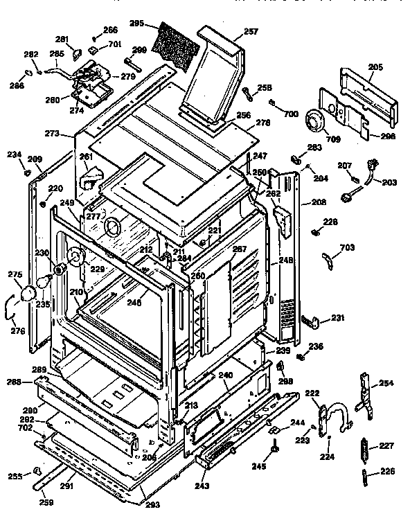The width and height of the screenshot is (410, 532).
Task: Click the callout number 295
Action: coord(136,24)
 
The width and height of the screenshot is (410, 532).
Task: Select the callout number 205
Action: coord(375,66)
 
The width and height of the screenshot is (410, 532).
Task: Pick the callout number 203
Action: coord(390,182)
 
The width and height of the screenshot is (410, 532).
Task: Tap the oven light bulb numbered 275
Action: coord(30,294)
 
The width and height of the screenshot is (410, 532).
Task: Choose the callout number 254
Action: coord(386,383)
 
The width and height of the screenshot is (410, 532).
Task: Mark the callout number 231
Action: coord(337,318)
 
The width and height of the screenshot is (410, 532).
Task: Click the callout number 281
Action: coord(62,39)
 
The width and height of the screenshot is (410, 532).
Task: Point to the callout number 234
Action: coord(15,155)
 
